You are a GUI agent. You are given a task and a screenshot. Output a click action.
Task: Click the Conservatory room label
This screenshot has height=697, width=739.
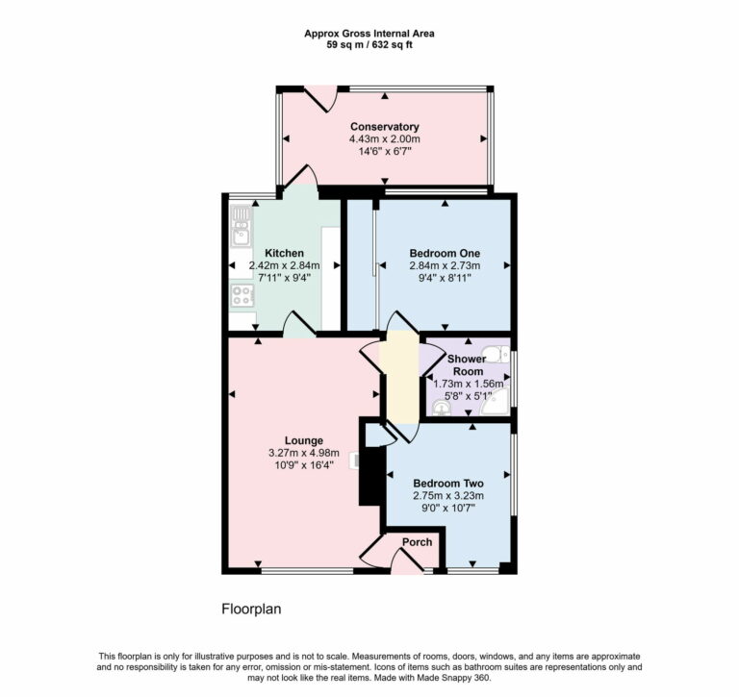(384, 127)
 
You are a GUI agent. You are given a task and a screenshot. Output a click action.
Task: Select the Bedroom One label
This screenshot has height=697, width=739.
(443, 253)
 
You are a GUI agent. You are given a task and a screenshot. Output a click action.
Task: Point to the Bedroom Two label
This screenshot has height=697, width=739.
(447, 484)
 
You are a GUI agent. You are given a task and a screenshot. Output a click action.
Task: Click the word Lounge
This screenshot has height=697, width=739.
(303, 441)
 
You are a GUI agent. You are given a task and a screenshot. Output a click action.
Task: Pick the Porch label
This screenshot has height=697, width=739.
(418, 542)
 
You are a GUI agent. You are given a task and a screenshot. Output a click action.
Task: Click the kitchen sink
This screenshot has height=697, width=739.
(241, 232)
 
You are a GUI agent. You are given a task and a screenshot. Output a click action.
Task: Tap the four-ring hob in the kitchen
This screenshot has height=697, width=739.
(241, 295)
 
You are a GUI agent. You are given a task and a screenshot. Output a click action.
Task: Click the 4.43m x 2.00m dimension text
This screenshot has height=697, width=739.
(384, 139)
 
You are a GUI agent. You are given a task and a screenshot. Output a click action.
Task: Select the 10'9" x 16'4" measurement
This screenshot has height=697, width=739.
(303, 466)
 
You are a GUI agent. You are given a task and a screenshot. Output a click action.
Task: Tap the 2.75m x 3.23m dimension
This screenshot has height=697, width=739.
(447, 496)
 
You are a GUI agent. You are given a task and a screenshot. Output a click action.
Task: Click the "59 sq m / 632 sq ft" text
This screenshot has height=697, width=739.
(369, 44)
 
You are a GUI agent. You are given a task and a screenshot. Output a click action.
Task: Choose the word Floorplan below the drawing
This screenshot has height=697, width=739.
(251, 609)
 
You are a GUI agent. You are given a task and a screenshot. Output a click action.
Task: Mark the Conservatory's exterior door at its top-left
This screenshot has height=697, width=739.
(319, 96)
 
